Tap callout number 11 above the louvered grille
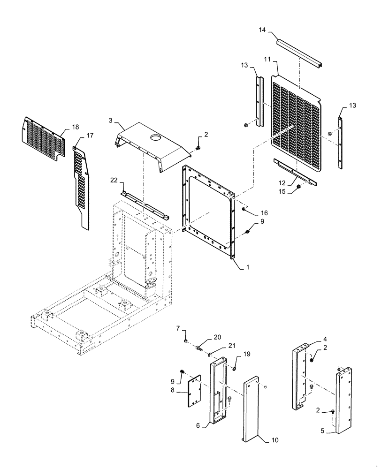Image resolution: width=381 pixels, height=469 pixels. pos(267,60)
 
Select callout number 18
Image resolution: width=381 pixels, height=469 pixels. pos(76,127)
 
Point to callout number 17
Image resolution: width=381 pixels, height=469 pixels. pos(90,136)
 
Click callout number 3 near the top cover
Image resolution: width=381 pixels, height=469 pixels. pos(110,121)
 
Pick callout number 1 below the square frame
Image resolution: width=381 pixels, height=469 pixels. pos(247,267)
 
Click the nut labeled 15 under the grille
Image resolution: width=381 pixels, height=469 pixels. pos(297,188)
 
